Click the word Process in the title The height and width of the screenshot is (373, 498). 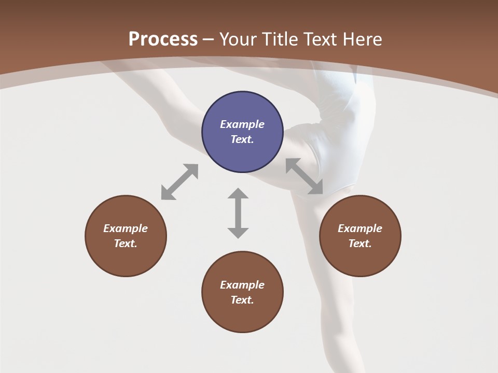[x=163, y=39]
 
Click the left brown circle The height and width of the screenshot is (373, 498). [x=126, y=236]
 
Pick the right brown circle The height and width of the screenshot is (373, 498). [x=360, y=236]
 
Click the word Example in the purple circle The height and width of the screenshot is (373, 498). [x=242, y=124]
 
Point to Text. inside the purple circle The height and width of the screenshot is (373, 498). [x=242, y=139]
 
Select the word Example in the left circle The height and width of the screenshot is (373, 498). [x=126, y=228]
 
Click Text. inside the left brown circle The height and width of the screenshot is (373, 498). [x=126, y=243]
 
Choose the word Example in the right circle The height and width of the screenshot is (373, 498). [x=360, y=228]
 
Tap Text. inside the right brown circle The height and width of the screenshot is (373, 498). [x=360, y=243]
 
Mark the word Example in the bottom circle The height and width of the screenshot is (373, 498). [x=242, y=285]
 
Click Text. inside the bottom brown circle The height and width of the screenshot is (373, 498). [x=242, y=300]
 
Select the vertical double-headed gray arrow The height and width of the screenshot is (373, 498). [x=238, y=213]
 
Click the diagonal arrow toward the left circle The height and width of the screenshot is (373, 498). [x=179, y=182]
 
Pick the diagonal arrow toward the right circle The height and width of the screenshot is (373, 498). [x=305, y=176]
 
